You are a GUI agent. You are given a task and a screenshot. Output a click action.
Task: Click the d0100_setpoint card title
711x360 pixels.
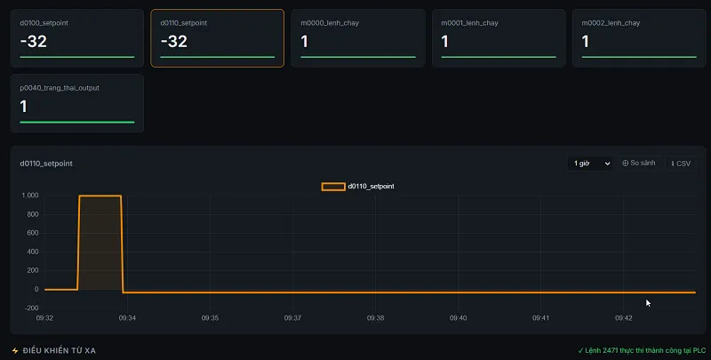44,23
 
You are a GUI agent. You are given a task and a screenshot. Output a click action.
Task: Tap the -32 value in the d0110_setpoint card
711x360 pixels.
173,42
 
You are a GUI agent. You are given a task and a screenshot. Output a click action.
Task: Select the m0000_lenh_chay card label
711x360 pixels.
330,23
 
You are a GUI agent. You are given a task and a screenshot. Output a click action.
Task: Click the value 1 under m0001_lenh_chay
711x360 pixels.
445,42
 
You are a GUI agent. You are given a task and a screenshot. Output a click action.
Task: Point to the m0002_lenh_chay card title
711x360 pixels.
611,23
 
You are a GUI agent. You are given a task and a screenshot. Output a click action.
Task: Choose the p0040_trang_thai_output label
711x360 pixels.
60,88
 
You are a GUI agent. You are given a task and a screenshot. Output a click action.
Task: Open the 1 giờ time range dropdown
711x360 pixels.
590,164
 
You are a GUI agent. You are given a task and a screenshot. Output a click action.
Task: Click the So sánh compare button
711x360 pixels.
638,164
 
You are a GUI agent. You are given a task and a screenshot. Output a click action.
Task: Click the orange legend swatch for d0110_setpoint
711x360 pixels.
333,187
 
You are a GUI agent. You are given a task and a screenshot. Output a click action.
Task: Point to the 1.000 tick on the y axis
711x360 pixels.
30,196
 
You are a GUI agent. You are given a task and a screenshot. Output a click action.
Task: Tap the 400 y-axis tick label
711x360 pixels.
33,252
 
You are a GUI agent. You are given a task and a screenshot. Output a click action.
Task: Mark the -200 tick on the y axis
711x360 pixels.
31,308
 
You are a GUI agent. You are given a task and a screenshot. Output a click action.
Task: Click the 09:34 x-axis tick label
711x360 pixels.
127,318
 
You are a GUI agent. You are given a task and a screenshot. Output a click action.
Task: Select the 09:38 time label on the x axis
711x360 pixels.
375,318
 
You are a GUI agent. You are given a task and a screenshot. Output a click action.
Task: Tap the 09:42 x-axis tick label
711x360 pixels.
624,318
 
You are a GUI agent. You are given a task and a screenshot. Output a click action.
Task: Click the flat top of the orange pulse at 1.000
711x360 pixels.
100,196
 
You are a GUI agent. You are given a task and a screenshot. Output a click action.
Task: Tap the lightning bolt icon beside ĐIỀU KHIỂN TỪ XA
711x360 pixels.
15,350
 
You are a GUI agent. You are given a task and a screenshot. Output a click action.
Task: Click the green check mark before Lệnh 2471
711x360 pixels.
580,350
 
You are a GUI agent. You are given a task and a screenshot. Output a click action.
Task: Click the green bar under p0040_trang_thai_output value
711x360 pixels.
77,122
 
